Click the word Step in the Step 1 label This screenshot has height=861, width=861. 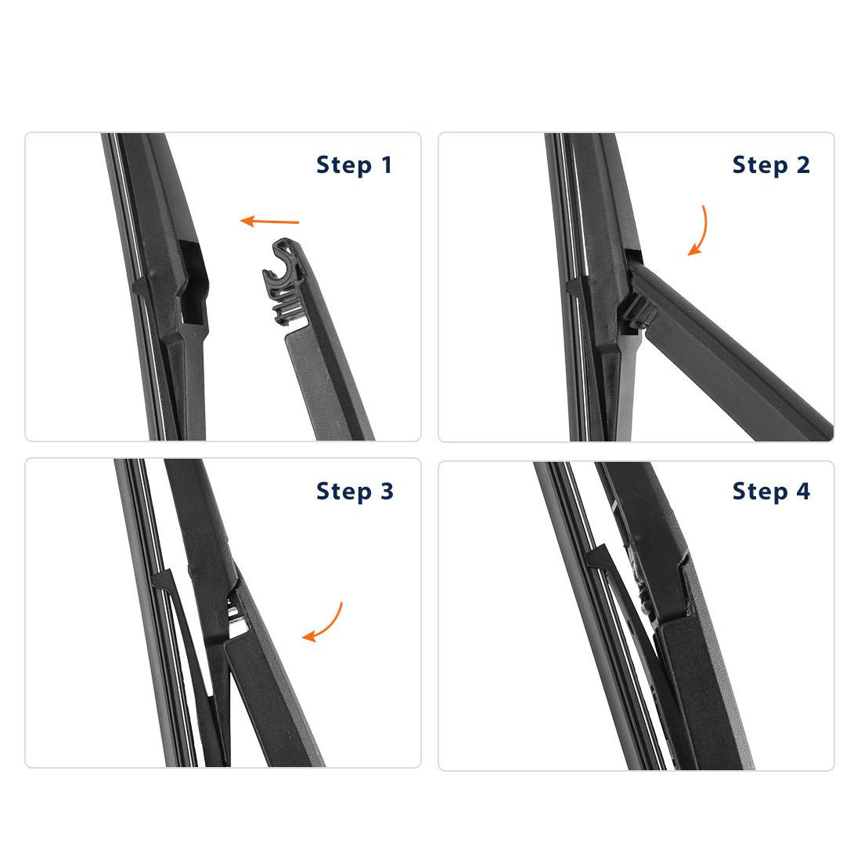(x=344, y=166)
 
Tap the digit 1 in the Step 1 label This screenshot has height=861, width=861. (x=387, y=164)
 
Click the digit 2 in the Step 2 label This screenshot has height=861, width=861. (x=803, y=164)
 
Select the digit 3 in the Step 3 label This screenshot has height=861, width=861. (x=387, y=491)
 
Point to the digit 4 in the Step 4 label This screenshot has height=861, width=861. (x=803, y=491)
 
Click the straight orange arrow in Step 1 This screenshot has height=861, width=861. (x=269, y=222)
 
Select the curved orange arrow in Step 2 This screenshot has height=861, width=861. (x=699, y=231)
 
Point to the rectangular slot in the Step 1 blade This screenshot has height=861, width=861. (x=193, y=282)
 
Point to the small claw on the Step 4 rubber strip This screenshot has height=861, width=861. (x=599, y=558)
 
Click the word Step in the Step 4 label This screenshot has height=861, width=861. (x=760, y=492)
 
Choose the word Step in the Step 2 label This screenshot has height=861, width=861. (x=760, y=166)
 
